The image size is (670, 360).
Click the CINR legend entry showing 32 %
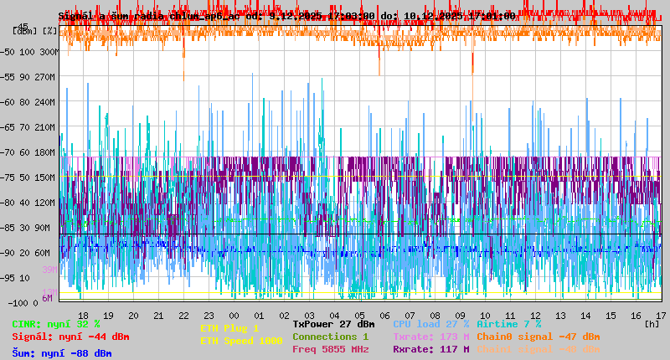click(56, 324)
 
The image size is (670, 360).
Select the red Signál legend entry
click(70, 337)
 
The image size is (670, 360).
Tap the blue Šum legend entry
click(62, 353)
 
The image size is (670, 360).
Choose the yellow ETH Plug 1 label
click(229, 328)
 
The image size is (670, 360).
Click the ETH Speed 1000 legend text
click(240, 341)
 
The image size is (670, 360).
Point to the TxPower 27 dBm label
click(333, 324)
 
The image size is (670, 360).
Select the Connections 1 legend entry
click(331, 337)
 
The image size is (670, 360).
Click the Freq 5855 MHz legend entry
click(331, 349)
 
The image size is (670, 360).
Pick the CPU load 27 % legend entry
click(430, 324)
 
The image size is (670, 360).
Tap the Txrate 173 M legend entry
click(430, 337)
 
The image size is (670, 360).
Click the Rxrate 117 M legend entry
click(430, 349)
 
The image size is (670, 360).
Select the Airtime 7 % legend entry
click(508, 324)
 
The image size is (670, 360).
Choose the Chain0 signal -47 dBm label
click(538, 337)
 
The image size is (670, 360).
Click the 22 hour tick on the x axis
click(183, 315)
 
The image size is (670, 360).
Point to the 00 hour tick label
click(234, 315)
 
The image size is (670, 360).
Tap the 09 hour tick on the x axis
click(460, 315)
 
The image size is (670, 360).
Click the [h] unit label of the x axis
click(651, 323)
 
